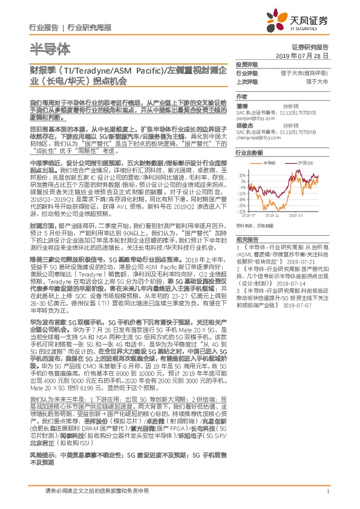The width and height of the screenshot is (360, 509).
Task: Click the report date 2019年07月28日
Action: (x=306, y=55)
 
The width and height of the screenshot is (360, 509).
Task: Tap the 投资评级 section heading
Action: (x=246, y=63)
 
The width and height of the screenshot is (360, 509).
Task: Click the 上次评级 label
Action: (x=246, y=81)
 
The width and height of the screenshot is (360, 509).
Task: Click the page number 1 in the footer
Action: (x=327, y=493)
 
